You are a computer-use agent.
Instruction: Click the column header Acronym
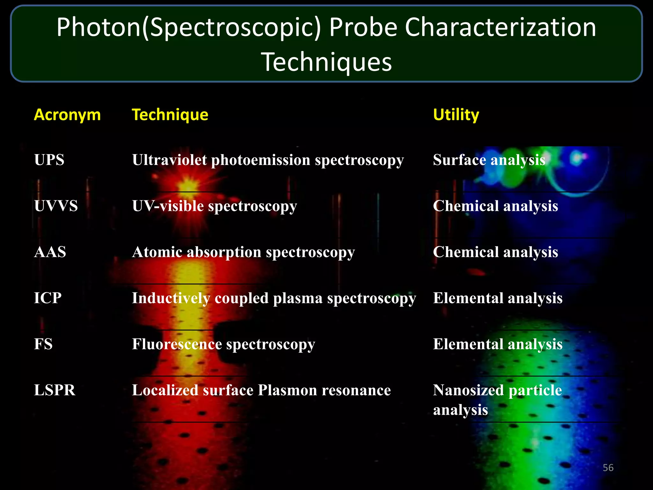click(x=67, y=115)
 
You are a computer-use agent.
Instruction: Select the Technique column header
click(x=170, y=115)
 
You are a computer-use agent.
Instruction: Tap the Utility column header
click(x=456, y=115)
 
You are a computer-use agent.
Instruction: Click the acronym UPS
click(x=49, y=160)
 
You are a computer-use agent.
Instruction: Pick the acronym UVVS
click(x=56, y=206)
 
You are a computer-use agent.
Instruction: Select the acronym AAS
click(x=50, y=252)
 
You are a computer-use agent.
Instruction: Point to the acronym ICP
click(x=48, y=298)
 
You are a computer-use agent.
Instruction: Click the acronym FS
click(x=43, y=344)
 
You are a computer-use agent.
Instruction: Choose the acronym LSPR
click(x=55, y=390)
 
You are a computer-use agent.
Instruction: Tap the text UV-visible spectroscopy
click(x=214, y=206)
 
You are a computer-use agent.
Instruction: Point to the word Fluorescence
click(x=177, y=344)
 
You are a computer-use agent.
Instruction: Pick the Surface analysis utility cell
click(x=489, y=160)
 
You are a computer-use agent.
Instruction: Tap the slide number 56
click(x=608, y=468)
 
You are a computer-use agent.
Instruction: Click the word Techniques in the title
click(x=326, y=62)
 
